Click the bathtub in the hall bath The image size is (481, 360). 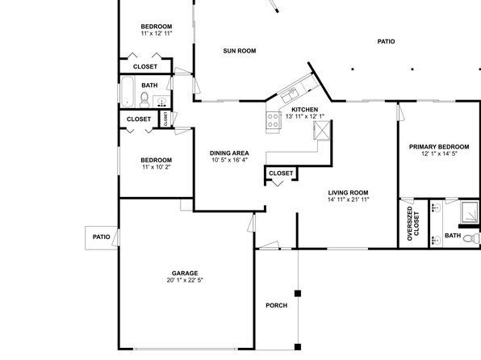coord(128,91)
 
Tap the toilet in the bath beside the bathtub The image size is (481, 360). coord(144,100)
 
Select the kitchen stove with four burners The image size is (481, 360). coord(273,120)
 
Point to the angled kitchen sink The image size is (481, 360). coord(289,94)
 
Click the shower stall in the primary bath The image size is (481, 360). coord(470,211)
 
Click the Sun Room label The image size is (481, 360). coord(240,51)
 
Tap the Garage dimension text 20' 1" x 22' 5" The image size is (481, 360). coord(185,280)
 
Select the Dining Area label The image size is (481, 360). coord(229,153)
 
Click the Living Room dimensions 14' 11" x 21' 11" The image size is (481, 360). coord(349,199)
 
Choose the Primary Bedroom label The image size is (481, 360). coord(439,147)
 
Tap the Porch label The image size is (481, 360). coord(276,306)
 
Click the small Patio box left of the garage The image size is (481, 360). coord(101,238)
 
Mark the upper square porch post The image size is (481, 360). coord(298,293)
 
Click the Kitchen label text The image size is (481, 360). coord(304,110)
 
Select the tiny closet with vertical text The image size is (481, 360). coord(165,119)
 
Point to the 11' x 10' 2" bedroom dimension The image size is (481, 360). coord(156,167)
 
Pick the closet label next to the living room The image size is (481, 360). coord(281,174)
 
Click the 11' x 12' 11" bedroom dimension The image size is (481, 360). coord(157,33)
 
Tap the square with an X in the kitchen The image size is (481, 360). coord(322,130)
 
